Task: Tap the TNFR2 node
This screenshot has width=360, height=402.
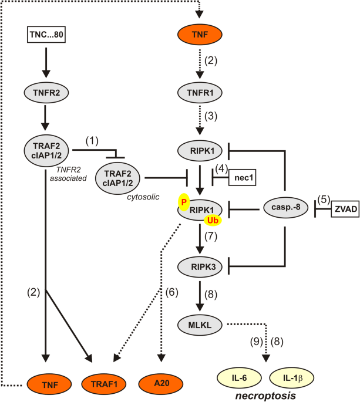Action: (46, 92)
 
